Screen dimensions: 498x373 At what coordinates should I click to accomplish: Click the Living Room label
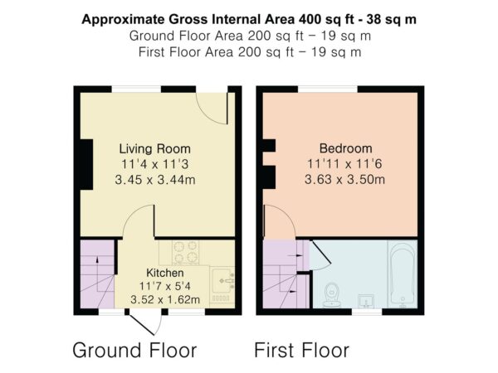(154, 148)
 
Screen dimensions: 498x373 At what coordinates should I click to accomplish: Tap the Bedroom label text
(345, 148)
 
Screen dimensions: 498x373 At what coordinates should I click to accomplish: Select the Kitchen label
(165, 273)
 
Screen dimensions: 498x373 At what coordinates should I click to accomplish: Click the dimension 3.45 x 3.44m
(154, 180)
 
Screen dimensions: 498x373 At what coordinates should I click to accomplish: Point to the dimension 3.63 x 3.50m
(345, 180)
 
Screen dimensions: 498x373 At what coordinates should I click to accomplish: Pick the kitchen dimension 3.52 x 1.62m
(165, 299)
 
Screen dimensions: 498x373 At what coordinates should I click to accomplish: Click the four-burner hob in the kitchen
(185, 253)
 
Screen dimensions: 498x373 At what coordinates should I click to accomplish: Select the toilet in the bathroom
(332, 295)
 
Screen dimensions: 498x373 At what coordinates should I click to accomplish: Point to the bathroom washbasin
(366, 301)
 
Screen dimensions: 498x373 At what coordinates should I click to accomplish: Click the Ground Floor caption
(134, 350)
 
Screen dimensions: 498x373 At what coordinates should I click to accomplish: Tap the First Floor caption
(302, 350)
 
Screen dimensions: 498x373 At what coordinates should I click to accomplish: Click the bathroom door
(320, 253)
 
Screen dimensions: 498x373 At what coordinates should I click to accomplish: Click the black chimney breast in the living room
(86, 164)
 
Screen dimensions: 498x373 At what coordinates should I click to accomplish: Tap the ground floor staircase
(97, 274)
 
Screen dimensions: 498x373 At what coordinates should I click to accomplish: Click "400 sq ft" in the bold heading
(326, 19)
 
